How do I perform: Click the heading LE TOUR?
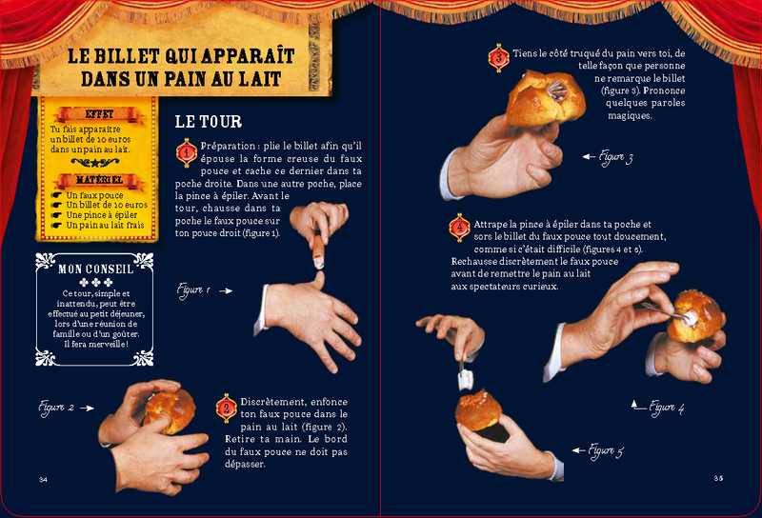(208, 122)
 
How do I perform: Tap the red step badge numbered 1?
(187, 152)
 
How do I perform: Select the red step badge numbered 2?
(227, 408)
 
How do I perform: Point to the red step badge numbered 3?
(498, 58)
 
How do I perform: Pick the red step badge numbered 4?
(460, 228)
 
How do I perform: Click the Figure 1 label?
(193, 290)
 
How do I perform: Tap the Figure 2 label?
(57, 408)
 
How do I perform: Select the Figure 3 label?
(615, 157)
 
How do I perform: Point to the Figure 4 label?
(667, 408)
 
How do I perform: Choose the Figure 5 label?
(606, 451)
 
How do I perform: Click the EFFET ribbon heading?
(99, 114)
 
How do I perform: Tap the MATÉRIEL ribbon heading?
(99, 180)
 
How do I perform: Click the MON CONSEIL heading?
(96, 269)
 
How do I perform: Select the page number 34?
(43, 480)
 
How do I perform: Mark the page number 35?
(718, 478)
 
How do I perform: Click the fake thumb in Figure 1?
(318, 249)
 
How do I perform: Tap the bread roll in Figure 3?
(545, 99)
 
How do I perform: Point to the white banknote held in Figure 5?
(465, 379)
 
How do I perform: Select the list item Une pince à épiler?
(102, 215)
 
